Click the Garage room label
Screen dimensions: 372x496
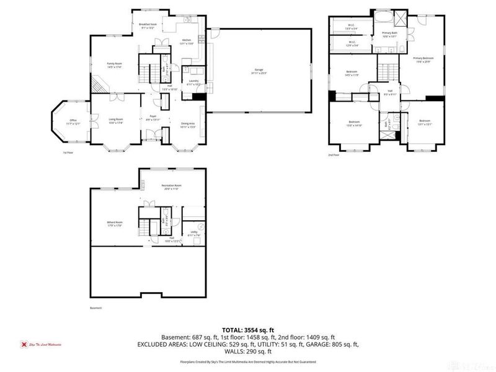(259, 70)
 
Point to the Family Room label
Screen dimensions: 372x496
(113, 64)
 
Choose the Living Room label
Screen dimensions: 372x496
(116, 120)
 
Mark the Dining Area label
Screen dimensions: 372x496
(187, 125)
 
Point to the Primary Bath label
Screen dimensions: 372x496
(389, 34)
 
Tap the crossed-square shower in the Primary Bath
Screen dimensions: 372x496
(402, 17)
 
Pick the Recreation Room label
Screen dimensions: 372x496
(171, 187)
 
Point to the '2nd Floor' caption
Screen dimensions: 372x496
(334, 155)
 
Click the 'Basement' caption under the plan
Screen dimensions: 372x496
(95, 308)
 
